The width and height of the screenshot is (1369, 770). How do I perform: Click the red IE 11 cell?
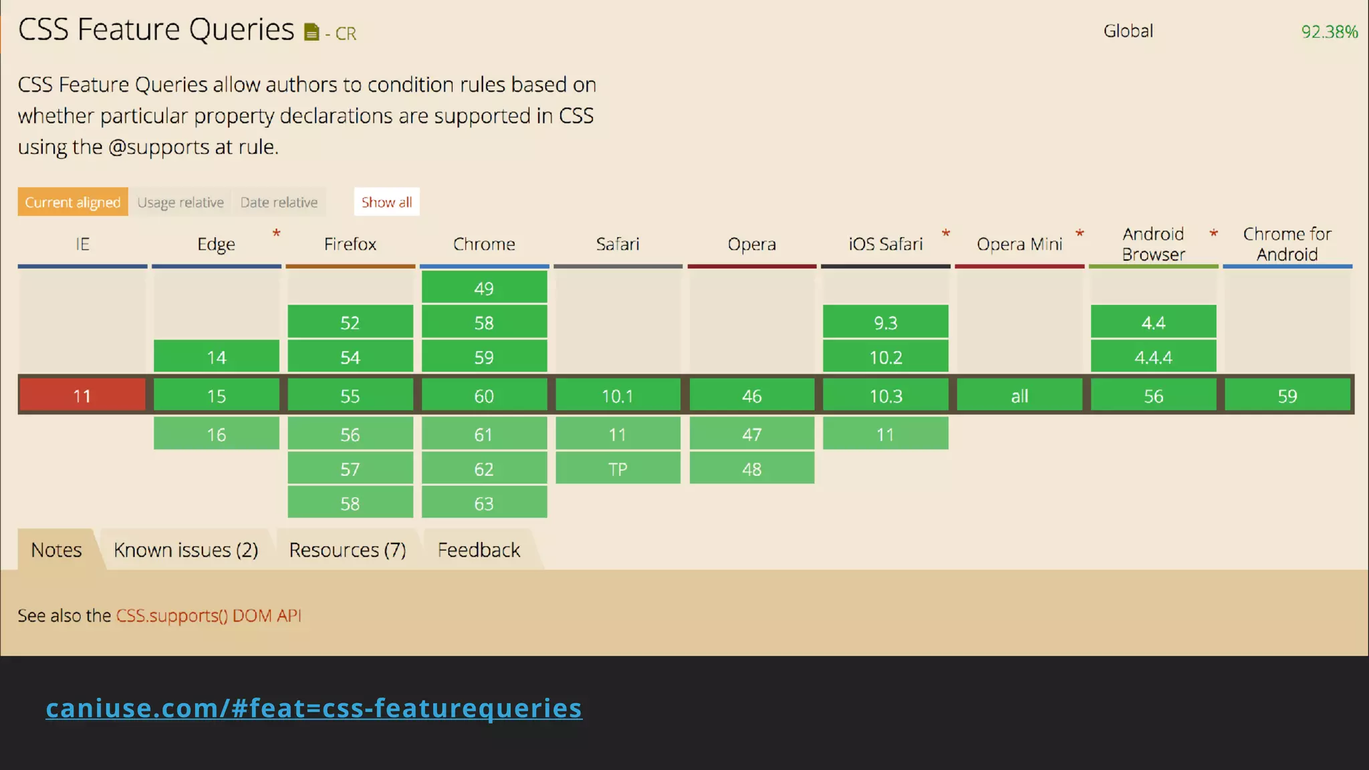point(82,396)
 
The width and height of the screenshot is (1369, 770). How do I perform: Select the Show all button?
point(386,202)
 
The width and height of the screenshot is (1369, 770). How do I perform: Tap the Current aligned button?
point(73,202)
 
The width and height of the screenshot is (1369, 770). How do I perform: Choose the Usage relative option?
point(180,202)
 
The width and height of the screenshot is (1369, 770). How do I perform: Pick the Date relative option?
point(279,202)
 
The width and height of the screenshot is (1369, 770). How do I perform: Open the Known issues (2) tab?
point(186,550)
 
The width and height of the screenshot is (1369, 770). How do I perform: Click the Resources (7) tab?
point(348,550)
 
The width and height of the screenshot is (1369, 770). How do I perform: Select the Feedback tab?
point(479,550)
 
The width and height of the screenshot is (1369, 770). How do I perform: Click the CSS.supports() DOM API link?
point(209,616)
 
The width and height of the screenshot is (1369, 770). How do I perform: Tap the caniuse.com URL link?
point(314,708)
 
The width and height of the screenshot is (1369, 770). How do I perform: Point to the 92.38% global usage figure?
point(1329,31)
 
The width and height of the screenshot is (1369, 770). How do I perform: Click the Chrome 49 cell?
point(484,288)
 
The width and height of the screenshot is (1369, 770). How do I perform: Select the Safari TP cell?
point(618,469)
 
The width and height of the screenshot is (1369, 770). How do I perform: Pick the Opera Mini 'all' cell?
point(1019,396)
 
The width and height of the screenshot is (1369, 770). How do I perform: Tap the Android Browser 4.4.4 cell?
point(1153,357)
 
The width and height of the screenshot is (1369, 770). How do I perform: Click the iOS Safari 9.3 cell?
point(886,323)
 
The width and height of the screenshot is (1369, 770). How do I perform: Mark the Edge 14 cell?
point(217,357)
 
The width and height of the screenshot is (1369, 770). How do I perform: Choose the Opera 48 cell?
point(752,469)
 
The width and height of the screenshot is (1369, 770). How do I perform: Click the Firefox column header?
point(350,244)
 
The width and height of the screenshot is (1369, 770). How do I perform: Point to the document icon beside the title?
point(312,32)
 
